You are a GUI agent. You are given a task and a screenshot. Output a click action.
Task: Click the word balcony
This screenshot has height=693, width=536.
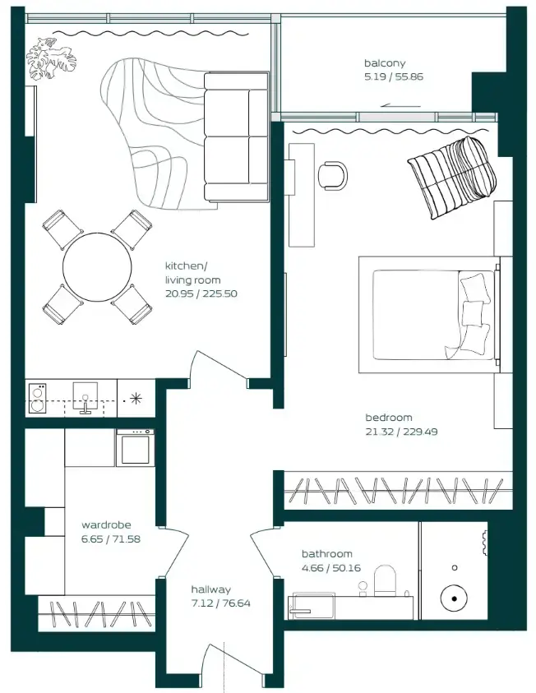[385, 63]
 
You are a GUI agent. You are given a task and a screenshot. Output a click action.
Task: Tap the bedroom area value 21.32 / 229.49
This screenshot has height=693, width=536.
[401, 431]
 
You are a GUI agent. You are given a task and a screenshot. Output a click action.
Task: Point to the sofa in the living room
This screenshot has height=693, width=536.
[236, 136]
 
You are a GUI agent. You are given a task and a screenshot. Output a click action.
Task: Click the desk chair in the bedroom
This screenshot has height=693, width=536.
[333, 174]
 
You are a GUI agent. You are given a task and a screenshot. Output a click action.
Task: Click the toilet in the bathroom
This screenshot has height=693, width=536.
[385, 581]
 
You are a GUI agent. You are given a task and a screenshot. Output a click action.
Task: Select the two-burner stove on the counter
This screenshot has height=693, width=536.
[38, 399]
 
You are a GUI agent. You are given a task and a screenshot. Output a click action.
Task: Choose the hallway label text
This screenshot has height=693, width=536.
[210, 589]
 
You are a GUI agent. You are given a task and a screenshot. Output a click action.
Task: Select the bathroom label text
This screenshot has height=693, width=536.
[326, 554]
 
